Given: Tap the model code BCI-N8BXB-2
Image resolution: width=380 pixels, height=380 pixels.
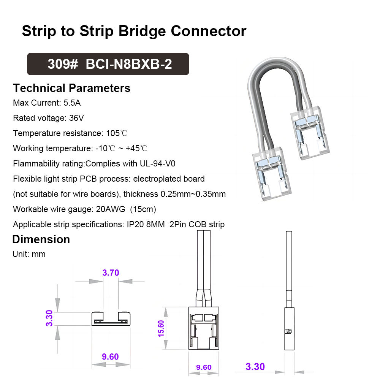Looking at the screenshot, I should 129,64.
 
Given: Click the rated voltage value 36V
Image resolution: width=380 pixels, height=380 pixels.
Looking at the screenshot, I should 76,118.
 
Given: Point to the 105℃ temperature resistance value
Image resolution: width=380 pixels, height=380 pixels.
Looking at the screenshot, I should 116,133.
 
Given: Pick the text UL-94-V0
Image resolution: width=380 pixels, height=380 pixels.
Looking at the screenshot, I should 156,164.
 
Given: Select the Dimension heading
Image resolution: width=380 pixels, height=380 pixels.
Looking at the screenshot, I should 41,239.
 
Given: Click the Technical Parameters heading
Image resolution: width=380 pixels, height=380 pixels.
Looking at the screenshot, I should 71,88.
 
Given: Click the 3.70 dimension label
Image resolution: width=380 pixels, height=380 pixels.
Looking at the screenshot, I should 111,272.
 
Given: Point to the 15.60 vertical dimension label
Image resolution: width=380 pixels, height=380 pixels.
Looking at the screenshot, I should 161,328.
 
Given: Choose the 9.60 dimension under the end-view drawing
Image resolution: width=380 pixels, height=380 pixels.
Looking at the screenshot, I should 110,356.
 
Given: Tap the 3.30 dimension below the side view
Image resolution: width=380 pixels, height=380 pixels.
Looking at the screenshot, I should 255,367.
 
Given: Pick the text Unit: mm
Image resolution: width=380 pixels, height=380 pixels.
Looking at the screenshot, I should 29,254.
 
